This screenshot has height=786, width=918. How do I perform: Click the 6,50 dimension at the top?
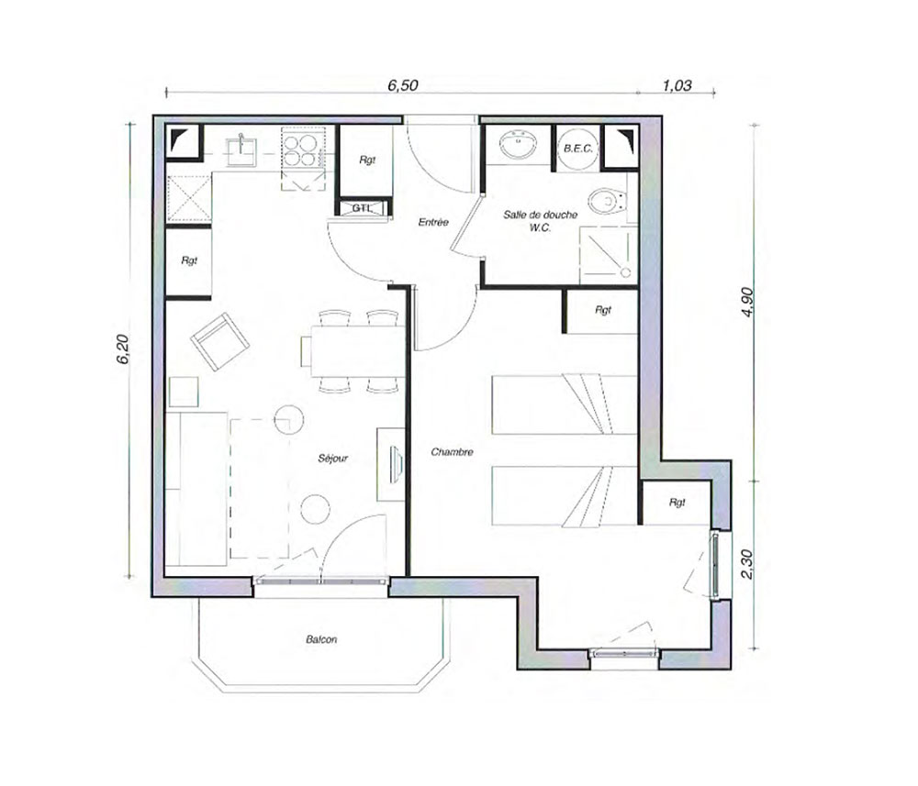403,85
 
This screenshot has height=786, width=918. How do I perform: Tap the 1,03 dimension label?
677,85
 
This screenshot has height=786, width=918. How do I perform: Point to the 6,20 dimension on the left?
123,349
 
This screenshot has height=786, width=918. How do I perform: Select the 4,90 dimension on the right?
747,303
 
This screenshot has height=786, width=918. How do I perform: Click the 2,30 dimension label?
747,564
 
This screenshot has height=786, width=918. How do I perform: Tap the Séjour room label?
332,458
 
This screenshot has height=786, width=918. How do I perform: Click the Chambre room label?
452,452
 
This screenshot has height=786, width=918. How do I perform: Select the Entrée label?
433,222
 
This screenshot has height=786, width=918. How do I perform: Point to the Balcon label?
321,639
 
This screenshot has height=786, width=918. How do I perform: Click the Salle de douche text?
541,215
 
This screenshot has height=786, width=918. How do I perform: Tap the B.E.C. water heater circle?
577,149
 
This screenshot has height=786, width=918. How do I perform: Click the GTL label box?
363,208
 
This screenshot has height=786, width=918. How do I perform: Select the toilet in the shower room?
607,201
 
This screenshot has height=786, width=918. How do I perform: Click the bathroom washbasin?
518,144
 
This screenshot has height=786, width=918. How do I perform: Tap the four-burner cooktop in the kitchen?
300,150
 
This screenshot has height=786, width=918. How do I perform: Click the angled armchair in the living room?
219,341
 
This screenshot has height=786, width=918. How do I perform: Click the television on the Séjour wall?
396,464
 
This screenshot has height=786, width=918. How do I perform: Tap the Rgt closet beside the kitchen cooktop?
366,161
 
